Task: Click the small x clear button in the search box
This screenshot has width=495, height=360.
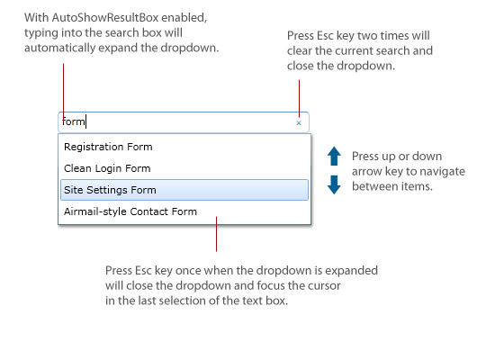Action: [299, 123]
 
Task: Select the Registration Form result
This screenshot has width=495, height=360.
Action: [108, 147]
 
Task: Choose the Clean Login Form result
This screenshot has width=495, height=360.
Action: [107, 168]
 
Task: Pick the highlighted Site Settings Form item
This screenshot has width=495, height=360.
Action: [184, 190]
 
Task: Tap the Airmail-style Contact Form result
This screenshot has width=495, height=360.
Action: [130, 211]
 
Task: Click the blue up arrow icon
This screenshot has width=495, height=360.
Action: [334, 156]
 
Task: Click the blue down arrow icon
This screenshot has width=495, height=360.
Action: [334, 184]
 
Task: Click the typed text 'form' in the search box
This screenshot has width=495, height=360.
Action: [74, 121]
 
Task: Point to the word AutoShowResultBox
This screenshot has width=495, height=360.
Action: [105, 18]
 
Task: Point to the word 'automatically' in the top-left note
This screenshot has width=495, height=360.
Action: [59, 48]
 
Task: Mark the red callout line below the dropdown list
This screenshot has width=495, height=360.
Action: [216, 234]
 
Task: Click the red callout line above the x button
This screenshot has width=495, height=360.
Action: [299, 98]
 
